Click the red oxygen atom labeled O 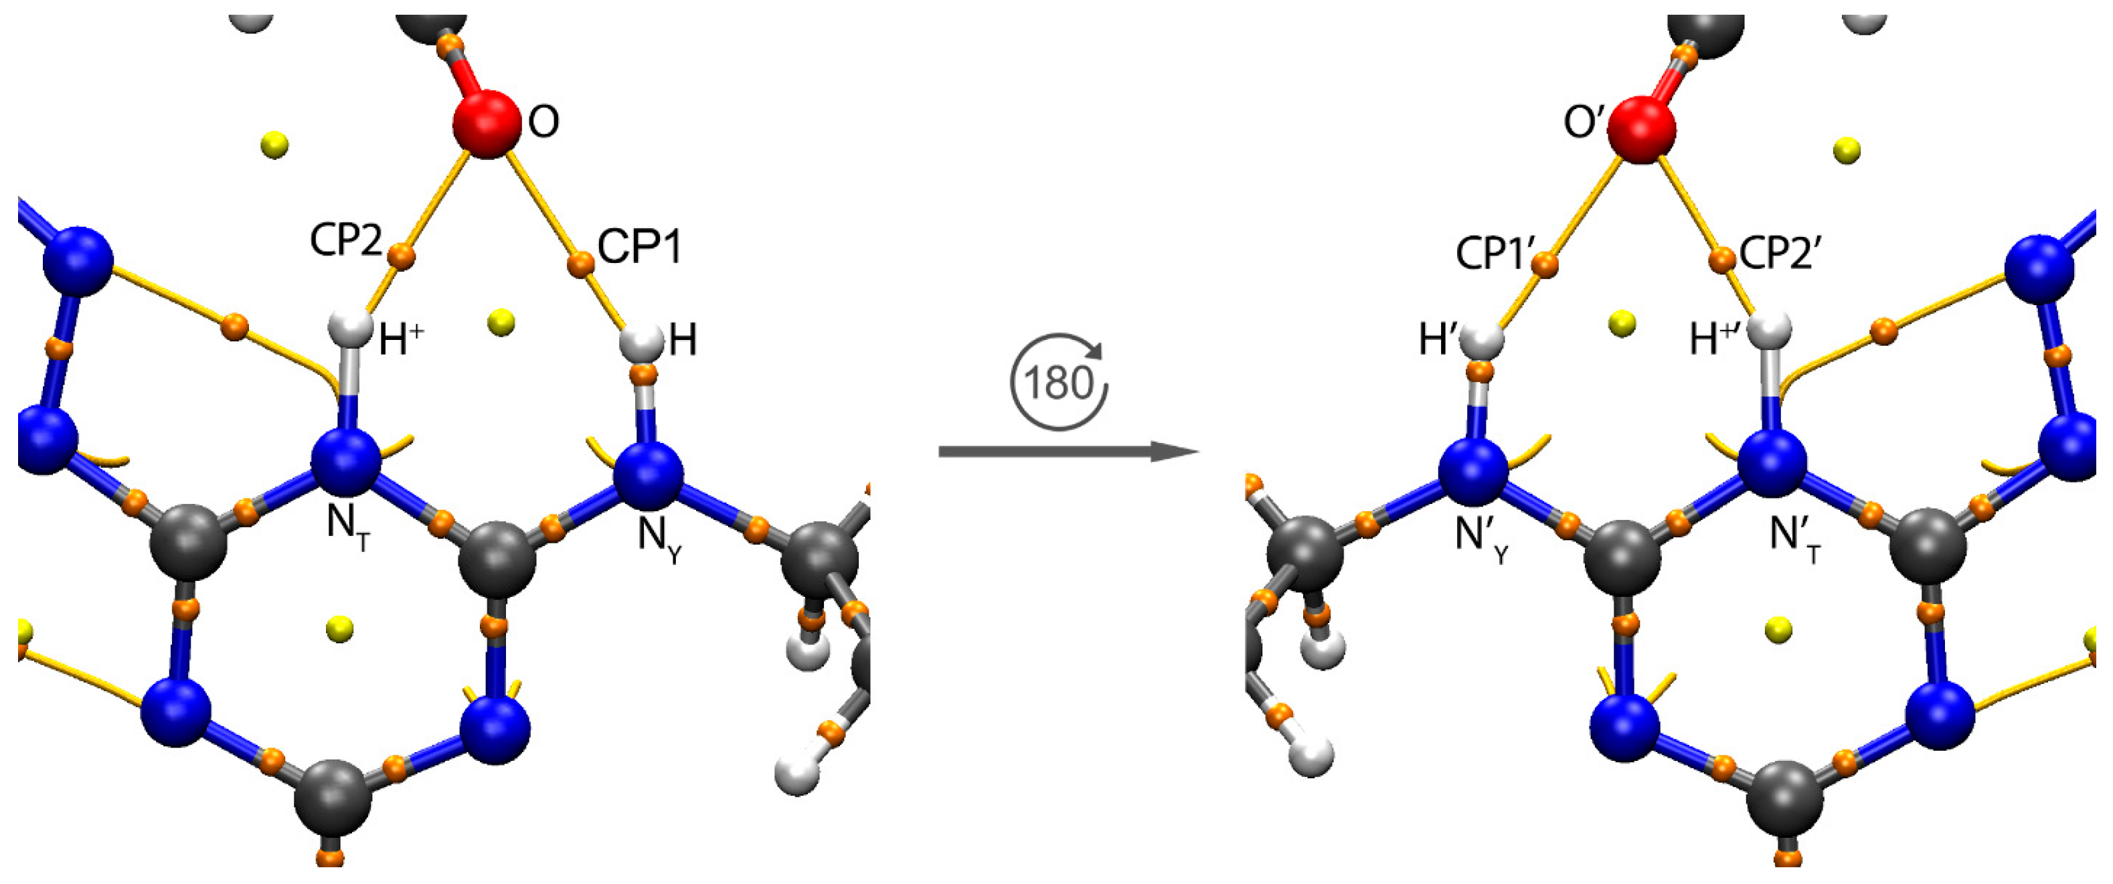[x=487, y=124]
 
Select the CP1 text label [x=640, y=247]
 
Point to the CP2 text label [x=346, y=241]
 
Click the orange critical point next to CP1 [x=581, y=264]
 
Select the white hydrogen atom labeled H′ [x=1481, y=339]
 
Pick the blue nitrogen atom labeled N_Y [x=648, y=474]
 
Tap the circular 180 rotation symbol [x=1059, y=382]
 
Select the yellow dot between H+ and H [x=501, y=323]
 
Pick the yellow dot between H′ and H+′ [x=1622, y=324]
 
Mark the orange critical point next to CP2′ [x=1721, y=260]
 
